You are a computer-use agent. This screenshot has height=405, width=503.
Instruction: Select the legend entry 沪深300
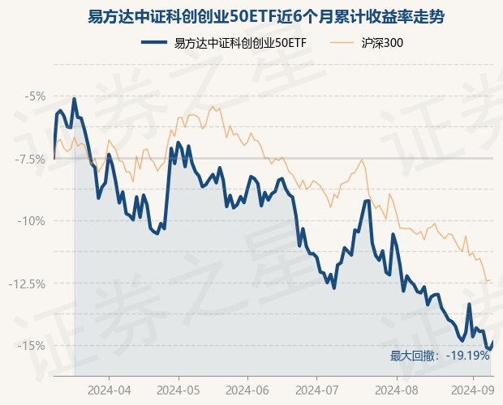pos(382,43)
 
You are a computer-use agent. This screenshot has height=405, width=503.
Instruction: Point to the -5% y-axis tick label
pos(35,96)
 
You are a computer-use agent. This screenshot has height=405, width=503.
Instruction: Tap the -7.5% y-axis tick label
pos(31,159)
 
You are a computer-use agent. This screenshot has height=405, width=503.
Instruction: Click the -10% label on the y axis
pos(33,221)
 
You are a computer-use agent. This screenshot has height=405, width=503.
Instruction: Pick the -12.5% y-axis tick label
pos(29,283)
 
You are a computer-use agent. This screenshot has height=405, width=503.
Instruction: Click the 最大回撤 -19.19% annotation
pos(439,356)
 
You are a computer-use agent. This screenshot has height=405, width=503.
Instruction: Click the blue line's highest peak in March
pos(75,99)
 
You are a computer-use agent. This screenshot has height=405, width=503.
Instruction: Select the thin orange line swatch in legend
pos(343,43)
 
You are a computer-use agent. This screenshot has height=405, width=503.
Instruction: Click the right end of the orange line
pos(490,280)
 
